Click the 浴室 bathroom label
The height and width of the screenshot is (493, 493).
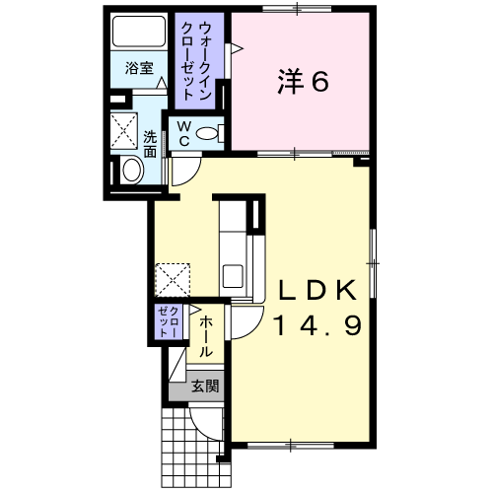(139, 68)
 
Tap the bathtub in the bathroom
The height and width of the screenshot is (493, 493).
(139, 32)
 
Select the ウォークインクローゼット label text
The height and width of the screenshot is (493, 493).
(196, 60)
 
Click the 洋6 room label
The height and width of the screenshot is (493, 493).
(303, 81)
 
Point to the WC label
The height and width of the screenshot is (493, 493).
(184, 133)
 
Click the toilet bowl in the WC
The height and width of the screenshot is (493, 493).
(207, 133)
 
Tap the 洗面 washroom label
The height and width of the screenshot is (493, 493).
(150, 144)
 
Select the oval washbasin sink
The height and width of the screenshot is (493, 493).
(132, 171)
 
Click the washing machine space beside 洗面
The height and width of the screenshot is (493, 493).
(123, 131)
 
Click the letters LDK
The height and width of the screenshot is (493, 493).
(317, 290)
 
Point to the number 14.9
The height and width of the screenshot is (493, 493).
(317, 324)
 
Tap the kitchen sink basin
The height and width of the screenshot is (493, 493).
(233, 276)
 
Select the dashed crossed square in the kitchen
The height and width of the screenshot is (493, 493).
(173, 280)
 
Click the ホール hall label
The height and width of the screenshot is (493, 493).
(206, 336)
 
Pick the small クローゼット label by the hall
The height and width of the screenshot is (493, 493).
(169, 322)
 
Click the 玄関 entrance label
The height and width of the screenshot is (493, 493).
(205, 386)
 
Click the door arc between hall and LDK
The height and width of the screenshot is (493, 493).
(254, 329)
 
